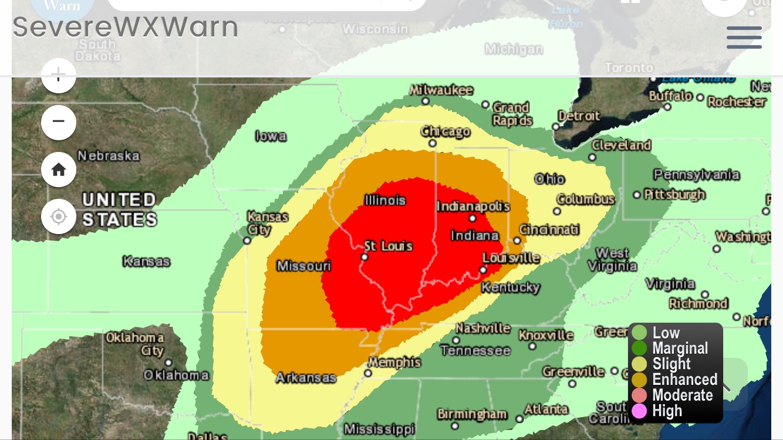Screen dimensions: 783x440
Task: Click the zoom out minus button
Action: [59, 122]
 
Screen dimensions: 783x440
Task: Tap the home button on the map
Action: [59, 170]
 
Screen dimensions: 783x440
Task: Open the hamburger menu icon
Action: [744, 38]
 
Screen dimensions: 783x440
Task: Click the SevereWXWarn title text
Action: [126, 27]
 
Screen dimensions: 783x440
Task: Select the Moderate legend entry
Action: [682, 395]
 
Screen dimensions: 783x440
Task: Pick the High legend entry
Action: [667, 411]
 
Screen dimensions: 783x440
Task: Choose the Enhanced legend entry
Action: [684, 380]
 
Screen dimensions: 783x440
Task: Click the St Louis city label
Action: [389, 246]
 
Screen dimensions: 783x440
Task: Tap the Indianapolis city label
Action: [473, 207]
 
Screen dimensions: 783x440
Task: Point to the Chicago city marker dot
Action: [433, 143]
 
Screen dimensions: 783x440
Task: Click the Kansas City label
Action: [268, 223]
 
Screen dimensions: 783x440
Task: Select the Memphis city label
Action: [394, 363]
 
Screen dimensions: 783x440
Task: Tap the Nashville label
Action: [482, 328]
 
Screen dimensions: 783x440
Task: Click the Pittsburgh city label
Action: [674, 194]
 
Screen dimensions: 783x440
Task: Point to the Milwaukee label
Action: [441, 90]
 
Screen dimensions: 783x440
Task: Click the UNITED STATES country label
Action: [119, 209]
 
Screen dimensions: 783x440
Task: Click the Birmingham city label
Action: [472, 414]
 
